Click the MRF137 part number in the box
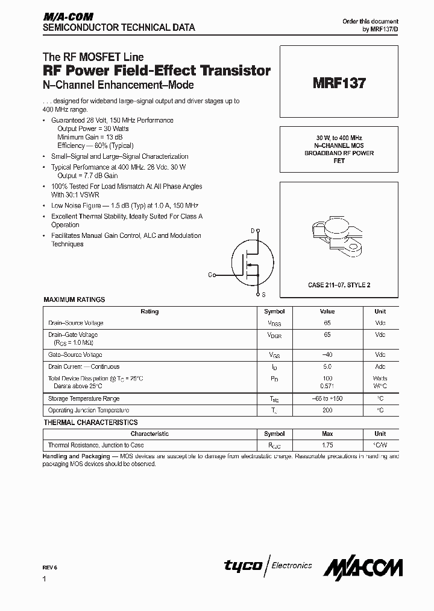tap(339, 84)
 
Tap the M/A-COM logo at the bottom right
tap(363, 568)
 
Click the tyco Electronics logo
tap(268, 565)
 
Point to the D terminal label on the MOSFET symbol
tap(253, 230)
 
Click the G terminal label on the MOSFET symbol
tap(210, 275)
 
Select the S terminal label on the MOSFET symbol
tap(263, 295)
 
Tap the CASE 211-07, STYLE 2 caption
tap(339, 284)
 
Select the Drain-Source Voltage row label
tap(76, 323)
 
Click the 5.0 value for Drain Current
tap(327, 366)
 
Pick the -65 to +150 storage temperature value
tap(327, 398)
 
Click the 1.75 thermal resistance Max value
tap(327, 445)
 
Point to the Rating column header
tap(149, 312)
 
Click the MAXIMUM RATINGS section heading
tap(74, 299)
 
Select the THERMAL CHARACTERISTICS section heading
tap(90, 423)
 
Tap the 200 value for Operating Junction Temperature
tap(327, 409)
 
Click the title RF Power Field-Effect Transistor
tap(157, 71)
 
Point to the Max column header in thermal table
tap(327, 433)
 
